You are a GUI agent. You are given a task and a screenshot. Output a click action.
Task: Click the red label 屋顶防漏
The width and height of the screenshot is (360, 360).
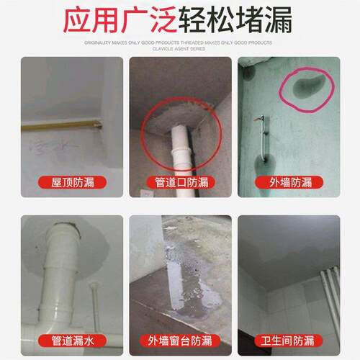(71, 182)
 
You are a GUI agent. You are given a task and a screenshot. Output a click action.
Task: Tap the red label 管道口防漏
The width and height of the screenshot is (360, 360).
(181, 182)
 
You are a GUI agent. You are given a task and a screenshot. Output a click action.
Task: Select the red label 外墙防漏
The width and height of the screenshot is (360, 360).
(290, 182)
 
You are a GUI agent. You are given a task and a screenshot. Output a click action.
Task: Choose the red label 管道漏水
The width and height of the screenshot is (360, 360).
(71, 340)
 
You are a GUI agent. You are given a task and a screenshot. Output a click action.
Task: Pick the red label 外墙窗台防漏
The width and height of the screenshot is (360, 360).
(181, 340)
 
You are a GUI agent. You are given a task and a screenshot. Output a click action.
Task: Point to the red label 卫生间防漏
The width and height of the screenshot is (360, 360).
(290, 340)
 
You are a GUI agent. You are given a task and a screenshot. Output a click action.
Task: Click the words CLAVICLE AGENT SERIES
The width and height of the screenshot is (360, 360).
(180, 50)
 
